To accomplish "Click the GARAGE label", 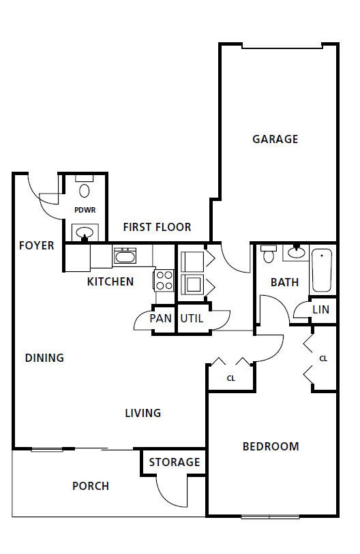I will tap(275, 139).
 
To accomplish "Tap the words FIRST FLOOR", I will tap(157, 227).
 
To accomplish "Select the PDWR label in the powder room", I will tap(85, 210).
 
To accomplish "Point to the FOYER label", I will tap(36, 245).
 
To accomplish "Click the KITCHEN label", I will tap(110, 281).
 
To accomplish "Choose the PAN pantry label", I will tap(161, 318).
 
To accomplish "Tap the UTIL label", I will tap(192, 318).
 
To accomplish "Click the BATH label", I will tap(284, 281).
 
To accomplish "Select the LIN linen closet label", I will tap(320, 309).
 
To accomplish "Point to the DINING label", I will tap(44, 358).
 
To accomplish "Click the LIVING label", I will tap(142, 413).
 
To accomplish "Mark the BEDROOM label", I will tap(271, 447).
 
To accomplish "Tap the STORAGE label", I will tap(175, 462).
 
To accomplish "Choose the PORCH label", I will tap(91, 486).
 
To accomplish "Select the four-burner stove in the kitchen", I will tap(164, 279).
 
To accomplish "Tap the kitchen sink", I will tap(125, 256).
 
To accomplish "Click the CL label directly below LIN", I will tap(323, 358).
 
